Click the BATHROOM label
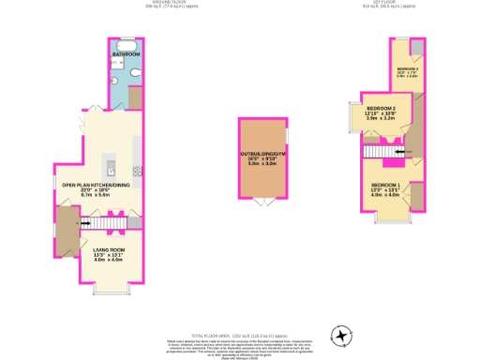[x=126, y=55]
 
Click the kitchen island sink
[x=111, y=169]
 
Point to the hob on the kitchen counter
[x=137, y=171]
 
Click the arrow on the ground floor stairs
[x=85, y=223]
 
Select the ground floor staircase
[x=98, y=223]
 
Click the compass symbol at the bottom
[x=342, y=335]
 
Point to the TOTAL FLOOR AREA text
[x=238, y=334]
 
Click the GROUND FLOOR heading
[x=160, y=3]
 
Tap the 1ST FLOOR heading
[x=385, y=3]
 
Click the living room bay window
[x=110, y=290]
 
